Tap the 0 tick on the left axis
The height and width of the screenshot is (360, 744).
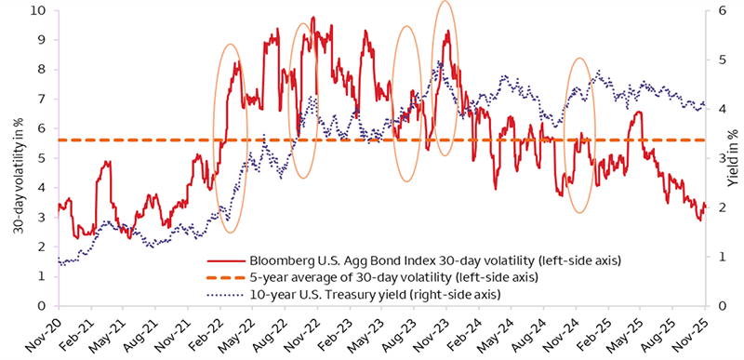[41, 306]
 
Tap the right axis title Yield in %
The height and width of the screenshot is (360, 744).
[736, 158]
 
